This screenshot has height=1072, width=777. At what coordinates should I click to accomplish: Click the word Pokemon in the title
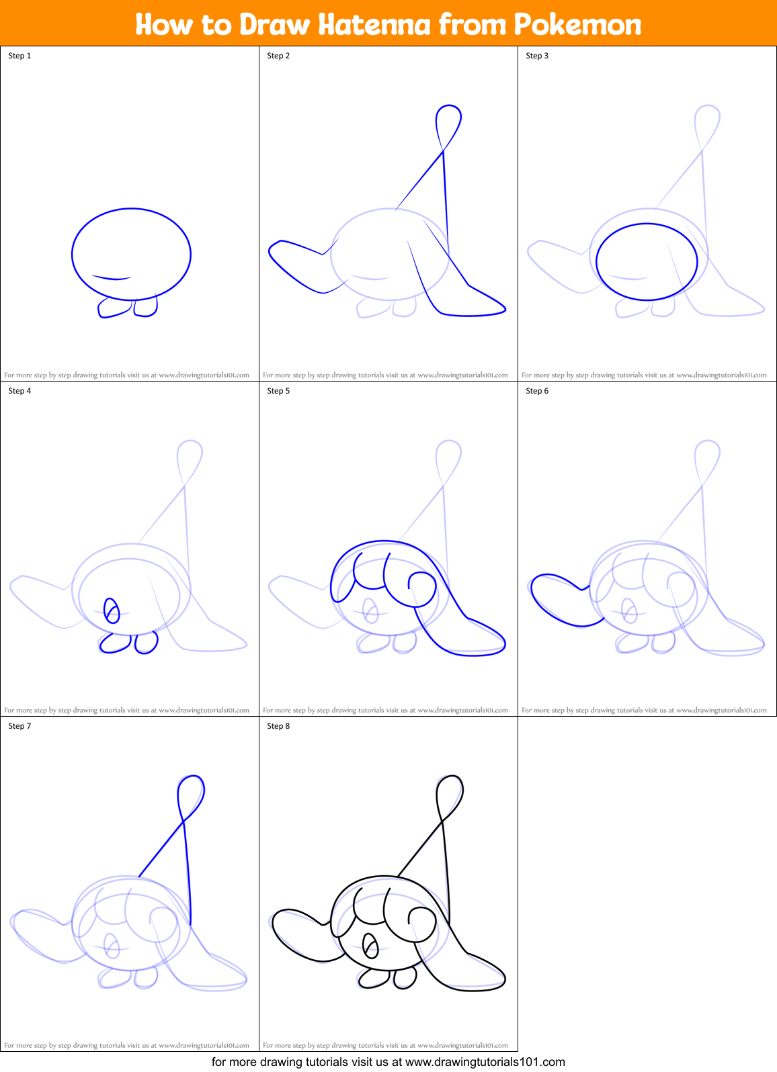577,25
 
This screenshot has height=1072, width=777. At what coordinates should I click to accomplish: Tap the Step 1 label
19,56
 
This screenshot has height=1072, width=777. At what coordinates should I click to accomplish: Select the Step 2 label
278,56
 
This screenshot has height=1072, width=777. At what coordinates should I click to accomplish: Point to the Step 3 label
537,56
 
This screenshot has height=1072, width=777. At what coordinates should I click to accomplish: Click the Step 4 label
19,391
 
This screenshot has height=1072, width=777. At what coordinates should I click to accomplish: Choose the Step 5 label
278,391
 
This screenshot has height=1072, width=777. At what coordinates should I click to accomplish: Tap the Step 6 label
537,391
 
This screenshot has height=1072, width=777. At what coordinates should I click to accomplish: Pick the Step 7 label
19,726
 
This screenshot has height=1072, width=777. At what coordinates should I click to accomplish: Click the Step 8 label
278,726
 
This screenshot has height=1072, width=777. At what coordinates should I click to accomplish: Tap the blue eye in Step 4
112,611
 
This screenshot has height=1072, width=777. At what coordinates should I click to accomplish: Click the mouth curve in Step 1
112,277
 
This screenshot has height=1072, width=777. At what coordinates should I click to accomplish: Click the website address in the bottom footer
485,1062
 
